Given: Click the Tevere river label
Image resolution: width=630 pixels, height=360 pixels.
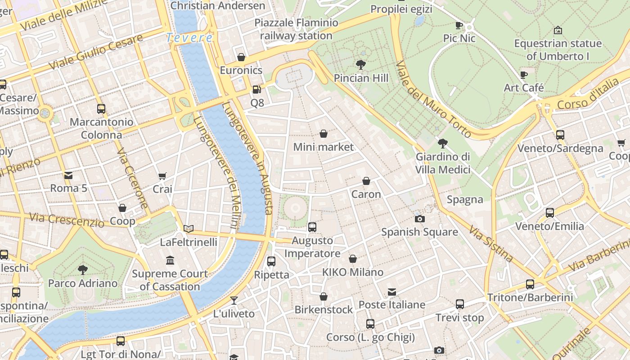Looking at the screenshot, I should pyautogui.click(x=189, y=38).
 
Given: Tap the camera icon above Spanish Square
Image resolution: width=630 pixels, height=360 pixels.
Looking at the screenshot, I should pyautogui.click(x=419, y=219).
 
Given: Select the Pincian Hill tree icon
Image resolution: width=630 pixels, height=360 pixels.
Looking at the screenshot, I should pyautogui.click(x=360, y=64).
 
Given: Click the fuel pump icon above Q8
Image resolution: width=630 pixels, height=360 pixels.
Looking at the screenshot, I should pyautogui.click(x=256, y=90).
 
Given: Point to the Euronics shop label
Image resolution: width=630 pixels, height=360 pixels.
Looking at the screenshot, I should pyautogui.click(x=241, y=70).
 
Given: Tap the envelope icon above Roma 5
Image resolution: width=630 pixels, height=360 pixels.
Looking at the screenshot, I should pyautogui.click(x=68, y=175).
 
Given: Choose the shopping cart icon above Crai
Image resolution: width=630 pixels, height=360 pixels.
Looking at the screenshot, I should pyautogui.click(x=162, y=176).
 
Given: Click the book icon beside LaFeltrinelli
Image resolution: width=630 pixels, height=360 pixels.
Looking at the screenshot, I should pyautogui.click(x=189, y=229).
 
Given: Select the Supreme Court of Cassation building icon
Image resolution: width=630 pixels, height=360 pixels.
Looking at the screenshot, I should pyautogui.click(x=170, y=260).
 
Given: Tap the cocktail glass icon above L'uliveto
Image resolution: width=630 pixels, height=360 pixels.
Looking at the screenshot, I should pyautogui.click(x=234, y=300).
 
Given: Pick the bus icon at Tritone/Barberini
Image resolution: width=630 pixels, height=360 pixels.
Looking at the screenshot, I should pyautogui.click(x=530, y=284).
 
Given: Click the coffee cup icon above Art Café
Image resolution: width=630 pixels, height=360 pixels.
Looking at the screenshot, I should pyautogui.click(x=523, y=75).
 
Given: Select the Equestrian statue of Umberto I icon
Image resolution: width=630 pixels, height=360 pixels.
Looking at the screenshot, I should pyautogui.click(x=558, y=30).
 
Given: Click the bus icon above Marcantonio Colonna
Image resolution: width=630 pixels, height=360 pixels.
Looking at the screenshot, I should pyautogui.click(x=101, y=108).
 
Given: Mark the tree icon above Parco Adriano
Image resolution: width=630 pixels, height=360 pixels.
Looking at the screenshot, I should pyautogui.click(x=83, y=270).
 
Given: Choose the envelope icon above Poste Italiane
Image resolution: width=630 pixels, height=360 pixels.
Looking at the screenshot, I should pyautogui.click(x=392, y=292).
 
